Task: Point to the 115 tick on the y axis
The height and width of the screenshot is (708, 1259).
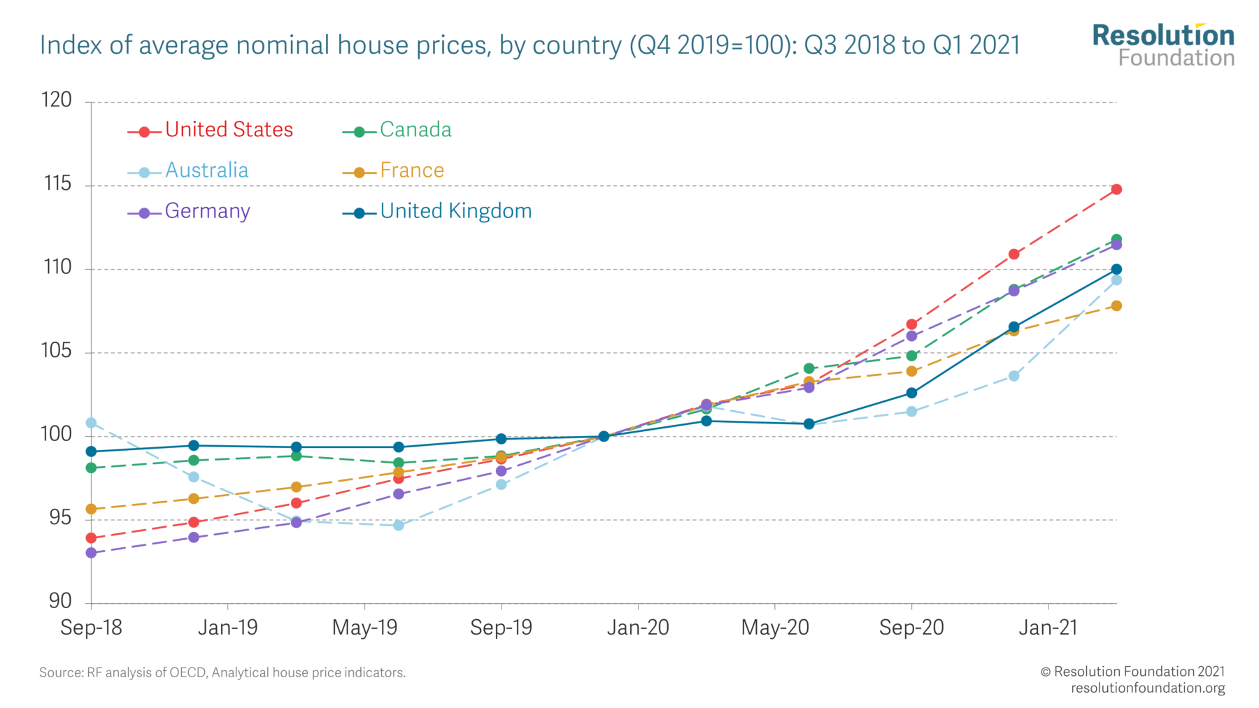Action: click(x=57, y=184)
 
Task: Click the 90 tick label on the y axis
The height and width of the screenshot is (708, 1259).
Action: click(x=60, y=601)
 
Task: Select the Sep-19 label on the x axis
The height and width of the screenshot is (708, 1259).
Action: click(x=501, y=628)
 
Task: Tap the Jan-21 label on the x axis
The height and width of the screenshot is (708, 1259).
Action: click(x=1048, y=628)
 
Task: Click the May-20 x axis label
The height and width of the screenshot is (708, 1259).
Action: click(x=774, y=628)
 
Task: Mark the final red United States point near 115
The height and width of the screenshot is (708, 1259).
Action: click(x=1116, y=189)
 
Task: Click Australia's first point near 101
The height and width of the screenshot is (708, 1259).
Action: click(x=91, y=423)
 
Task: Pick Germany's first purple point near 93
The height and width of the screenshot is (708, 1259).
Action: click(x=91, y=553)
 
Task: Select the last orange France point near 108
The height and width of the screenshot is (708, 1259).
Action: click(x=1116, y=305)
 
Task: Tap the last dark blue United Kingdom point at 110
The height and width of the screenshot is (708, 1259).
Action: click(x=1116, y=269)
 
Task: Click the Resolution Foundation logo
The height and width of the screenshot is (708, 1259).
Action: click(x=1163, y=45)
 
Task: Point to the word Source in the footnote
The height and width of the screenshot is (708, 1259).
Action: click(x=61, y=673)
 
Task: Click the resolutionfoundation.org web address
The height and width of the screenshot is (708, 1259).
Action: click(x=1148, y=688)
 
